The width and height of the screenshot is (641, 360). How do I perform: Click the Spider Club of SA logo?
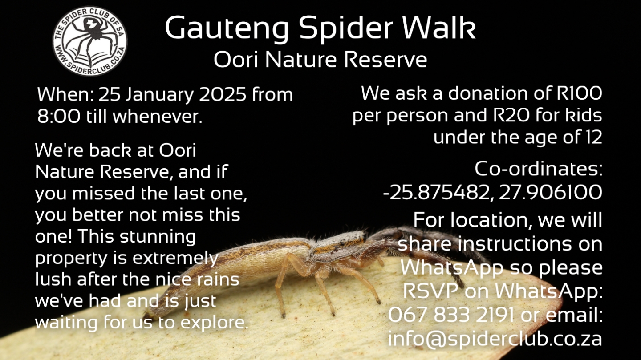(89, 41)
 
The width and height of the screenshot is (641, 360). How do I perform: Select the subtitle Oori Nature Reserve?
(320, 60)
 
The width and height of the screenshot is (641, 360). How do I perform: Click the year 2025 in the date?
(223, 94)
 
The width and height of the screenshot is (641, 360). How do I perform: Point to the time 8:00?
(59, 116)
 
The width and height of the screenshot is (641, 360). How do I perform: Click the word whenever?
(158, 116)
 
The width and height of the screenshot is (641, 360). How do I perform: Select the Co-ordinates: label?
(539, 169)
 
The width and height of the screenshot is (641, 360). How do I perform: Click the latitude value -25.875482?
(436, 192)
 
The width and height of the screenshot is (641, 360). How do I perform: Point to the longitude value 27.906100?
(551, 192)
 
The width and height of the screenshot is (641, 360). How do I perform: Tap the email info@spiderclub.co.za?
(495, 339)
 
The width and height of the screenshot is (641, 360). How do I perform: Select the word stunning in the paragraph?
(158, 237)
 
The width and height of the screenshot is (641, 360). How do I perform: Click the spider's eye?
(341, 244)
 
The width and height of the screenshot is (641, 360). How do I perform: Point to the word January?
(159, 95)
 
